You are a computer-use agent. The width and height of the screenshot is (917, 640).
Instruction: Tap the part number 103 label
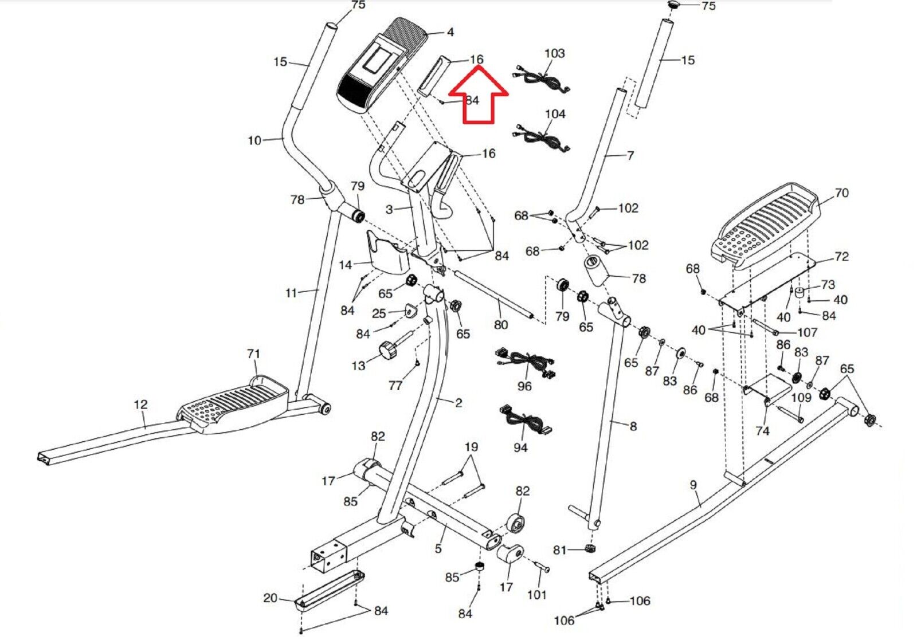(555, 53)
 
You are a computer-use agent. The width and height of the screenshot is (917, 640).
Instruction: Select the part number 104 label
(555, 114)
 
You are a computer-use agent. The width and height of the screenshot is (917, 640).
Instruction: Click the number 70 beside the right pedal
(841, 193)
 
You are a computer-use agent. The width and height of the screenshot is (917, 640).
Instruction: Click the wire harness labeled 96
(526, 363)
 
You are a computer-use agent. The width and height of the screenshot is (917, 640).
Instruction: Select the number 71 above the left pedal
(253, 353)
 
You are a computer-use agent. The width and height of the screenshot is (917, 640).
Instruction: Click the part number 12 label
(140, 405)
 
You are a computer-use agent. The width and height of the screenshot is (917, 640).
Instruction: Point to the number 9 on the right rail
(693, 485)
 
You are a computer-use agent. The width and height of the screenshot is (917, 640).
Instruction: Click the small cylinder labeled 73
(800, 293)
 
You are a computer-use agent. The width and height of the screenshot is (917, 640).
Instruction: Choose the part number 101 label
(536, 595)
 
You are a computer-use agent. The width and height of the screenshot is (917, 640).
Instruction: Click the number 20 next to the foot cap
(270, 598)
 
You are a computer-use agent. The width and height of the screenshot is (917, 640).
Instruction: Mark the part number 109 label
(801, 397)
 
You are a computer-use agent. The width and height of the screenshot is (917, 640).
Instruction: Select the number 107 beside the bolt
(807, 332)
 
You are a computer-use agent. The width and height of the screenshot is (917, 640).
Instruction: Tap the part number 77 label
(395, 385)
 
